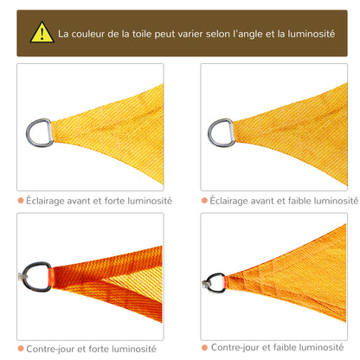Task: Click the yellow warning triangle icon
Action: tap(42, 33)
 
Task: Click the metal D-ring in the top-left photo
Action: tap(40, 132)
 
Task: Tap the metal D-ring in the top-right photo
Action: tap(221, 132)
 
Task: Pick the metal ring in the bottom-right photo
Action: tap(215, 282)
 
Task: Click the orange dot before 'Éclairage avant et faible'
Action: tap(204, 200)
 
